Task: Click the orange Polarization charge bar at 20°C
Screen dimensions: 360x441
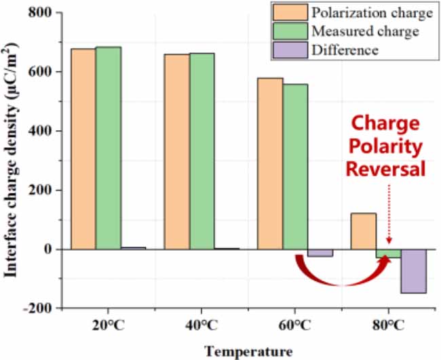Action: (83, 149)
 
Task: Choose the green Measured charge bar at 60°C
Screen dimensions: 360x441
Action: (295, 167)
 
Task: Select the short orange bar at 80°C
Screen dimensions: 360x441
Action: (364, 231)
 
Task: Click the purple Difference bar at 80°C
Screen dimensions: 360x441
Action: (413, 271)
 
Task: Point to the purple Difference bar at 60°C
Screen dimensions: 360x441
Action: (320, 253)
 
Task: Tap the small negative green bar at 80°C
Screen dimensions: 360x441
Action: (389, 254)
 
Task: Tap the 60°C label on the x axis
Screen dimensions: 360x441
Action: (295, 325)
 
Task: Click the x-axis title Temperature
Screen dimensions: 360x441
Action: (249, 351)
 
